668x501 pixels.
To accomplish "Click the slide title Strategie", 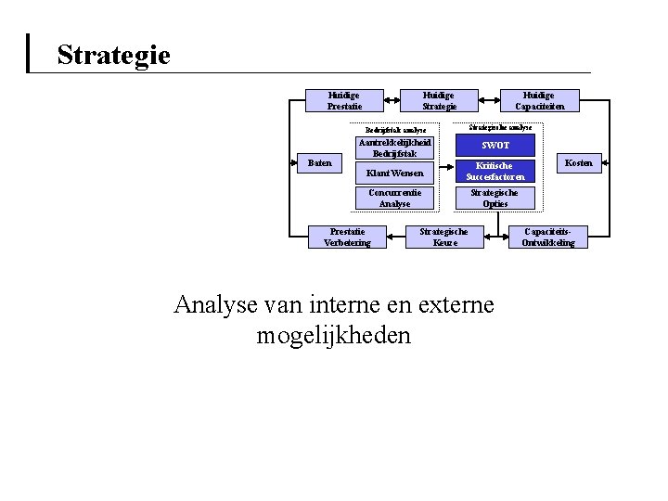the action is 113,55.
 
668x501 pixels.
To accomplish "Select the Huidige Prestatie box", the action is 344,100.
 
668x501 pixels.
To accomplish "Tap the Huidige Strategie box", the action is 439,100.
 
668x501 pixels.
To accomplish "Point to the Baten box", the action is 320,164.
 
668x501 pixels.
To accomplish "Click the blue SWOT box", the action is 495,146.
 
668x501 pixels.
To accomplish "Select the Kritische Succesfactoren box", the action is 495,170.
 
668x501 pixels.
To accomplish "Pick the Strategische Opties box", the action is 495,198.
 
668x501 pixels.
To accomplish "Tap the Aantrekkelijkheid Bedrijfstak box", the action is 395,148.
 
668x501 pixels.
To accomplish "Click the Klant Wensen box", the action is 395,173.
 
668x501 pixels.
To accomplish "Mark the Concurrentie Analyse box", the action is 395,198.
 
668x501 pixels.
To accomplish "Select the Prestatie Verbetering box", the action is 347,237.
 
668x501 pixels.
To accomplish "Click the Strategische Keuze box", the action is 444,237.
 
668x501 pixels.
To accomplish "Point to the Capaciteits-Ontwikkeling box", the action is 548,237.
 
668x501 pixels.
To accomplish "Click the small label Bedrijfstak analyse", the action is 395,130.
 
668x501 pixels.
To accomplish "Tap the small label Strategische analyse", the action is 501,127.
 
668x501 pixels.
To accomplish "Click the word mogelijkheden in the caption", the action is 332,336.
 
